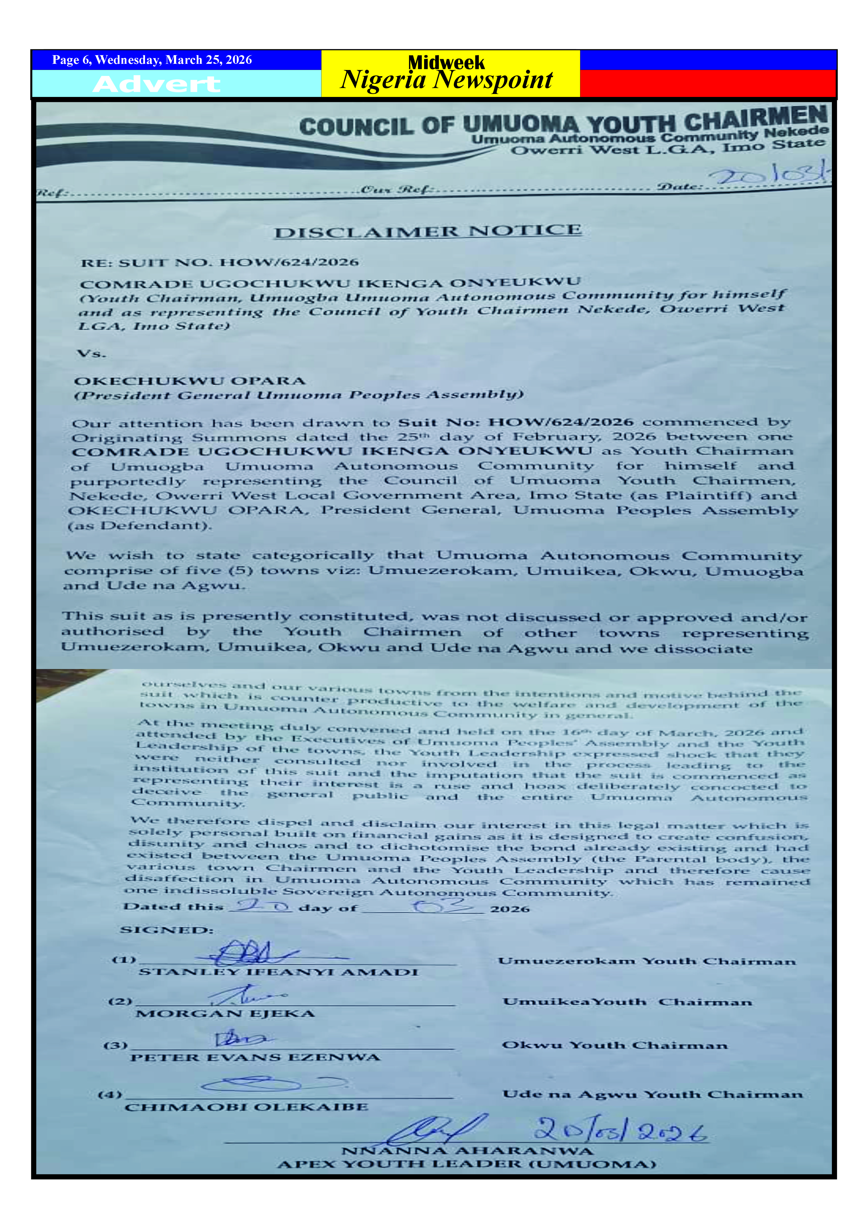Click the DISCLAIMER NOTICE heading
[x=428, y=232]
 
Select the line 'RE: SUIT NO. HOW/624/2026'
[x=219, y=262]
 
